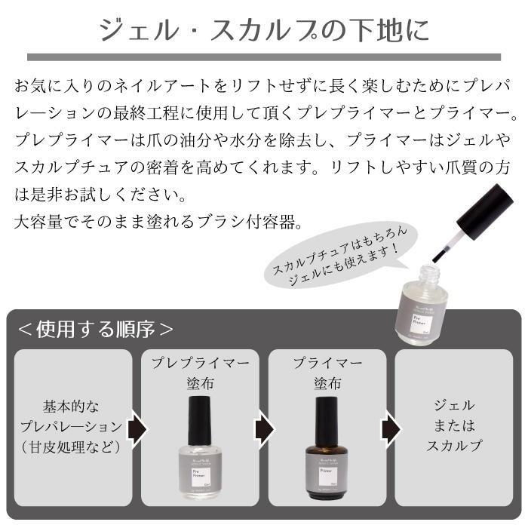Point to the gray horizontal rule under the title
[x=264, y=57]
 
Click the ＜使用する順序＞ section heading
[x=96, y=330]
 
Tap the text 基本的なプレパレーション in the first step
[x=72, y=416]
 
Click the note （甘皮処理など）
[x=72, y=447]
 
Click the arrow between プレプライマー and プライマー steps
[x=262, y=428]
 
